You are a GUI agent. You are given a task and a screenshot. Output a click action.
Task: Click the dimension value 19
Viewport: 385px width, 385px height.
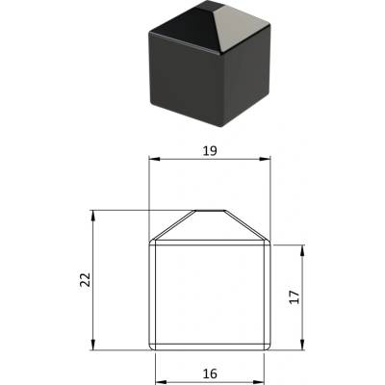pos(210,150)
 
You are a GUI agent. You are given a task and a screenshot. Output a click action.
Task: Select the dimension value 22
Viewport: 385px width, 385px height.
pos(86,279)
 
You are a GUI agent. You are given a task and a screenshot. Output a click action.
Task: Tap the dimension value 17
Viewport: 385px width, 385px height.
pos(294,297)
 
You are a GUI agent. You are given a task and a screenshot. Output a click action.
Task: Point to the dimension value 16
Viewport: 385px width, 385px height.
pos(210,373)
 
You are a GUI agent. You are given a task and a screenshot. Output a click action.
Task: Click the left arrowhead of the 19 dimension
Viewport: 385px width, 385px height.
pos(155,159)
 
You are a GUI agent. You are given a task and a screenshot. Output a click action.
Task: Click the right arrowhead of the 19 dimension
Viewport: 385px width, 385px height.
pos(265,159)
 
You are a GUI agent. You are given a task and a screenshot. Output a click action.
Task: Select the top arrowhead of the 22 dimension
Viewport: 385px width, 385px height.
pos(93,216)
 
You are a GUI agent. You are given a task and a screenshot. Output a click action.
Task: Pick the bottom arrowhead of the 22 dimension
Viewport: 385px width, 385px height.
pos(93,345)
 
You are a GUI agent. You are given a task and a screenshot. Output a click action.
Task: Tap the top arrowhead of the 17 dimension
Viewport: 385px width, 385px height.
pos(302,250)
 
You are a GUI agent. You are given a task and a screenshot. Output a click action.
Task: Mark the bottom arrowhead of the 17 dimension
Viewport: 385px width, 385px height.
pos(302,345)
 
